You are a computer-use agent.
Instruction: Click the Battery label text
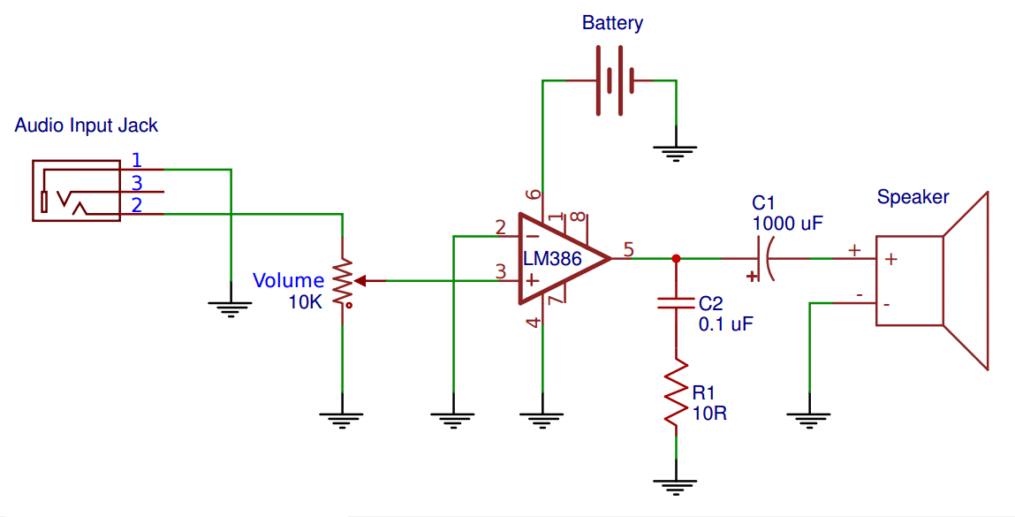coord(612,23)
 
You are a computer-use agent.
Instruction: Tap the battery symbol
coord(613,80)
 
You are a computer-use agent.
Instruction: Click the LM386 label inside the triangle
coord(553,258)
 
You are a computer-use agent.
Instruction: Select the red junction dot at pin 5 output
coord(677,258)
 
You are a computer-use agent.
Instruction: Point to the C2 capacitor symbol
coord(677,302)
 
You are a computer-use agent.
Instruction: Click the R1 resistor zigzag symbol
coord(677,393)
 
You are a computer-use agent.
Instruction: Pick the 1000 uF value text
coord(787,224)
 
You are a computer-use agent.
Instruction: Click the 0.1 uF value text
coord(725,324)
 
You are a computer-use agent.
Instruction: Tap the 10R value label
coord(709,413)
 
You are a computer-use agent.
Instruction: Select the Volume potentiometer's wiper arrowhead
coord(360,280)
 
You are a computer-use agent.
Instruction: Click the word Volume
coord(288,280)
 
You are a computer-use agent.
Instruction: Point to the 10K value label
coord(305,302)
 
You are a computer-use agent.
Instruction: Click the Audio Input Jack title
coord(86,125)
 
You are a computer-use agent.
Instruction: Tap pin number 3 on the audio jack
coord(137,182)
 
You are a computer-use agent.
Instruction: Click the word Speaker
coord(913,197)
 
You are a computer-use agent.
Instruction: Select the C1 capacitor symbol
coord(764,258)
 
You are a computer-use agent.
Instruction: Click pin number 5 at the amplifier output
coord(629,249)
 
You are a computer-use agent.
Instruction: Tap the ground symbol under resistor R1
coord(676,487)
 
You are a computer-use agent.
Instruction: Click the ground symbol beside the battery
coord(675,153)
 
